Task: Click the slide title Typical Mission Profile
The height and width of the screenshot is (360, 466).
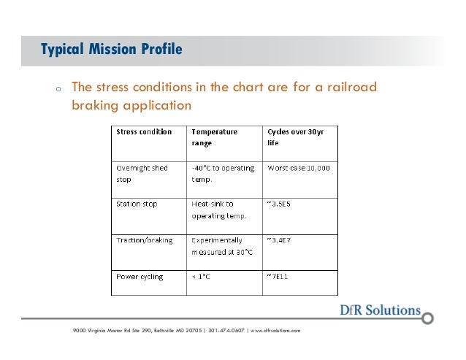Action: pos(111,50)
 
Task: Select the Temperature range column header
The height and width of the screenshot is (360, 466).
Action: pos(215,138)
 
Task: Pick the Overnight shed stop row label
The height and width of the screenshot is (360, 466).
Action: pos(142,173)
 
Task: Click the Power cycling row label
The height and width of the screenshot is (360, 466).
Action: pos(140,277)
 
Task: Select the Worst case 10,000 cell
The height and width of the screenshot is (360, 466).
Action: pos(299,168)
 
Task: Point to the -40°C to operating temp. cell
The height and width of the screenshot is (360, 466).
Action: pos(222,173)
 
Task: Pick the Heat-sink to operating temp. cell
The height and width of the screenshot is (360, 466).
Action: pos(218,210)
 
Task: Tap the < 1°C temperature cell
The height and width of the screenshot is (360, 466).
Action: pos(204,277)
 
